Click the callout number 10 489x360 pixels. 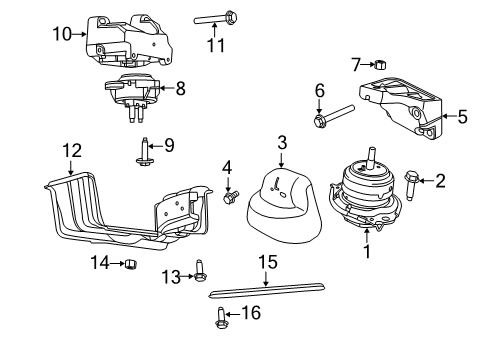click(x=62, y=34)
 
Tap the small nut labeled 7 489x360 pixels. click(x=381, y=66)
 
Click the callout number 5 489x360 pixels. click(x=461, y=116)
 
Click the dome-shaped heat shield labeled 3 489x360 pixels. click(x=282, y=207)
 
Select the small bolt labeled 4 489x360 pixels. click(x=230, y=198)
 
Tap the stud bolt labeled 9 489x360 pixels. click(x=139, y=150)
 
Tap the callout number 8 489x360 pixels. click(x=180, y=88)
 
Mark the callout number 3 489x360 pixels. click(x=282, y=143)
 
